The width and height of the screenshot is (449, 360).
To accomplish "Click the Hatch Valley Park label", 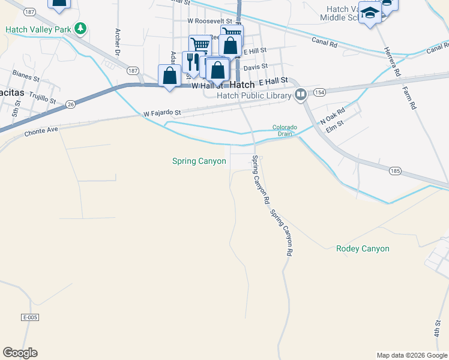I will coord(38,29).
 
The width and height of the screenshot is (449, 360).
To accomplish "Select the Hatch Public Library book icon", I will coord(301,94).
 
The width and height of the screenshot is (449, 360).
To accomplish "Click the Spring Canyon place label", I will coord(199,161).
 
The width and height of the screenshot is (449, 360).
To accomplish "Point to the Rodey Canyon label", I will coord(363,248).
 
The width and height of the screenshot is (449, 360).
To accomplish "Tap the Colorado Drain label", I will coord(285,130).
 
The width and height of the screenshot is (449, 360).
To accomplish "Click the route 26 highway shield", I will coord(71,104).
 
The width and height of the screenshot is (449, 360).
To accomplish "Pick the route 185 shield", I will coord(394,171).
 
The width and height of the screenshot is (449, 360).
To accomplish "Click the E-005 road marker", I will coord(29,317).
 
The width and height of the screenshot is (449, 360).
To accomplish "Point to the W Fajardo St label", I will coord(162,113).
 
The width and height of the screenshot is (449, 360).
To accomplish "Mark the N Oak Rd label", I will coord(334,115).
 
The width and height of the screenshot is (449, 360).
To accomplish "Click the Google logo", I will coord(20,353).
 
